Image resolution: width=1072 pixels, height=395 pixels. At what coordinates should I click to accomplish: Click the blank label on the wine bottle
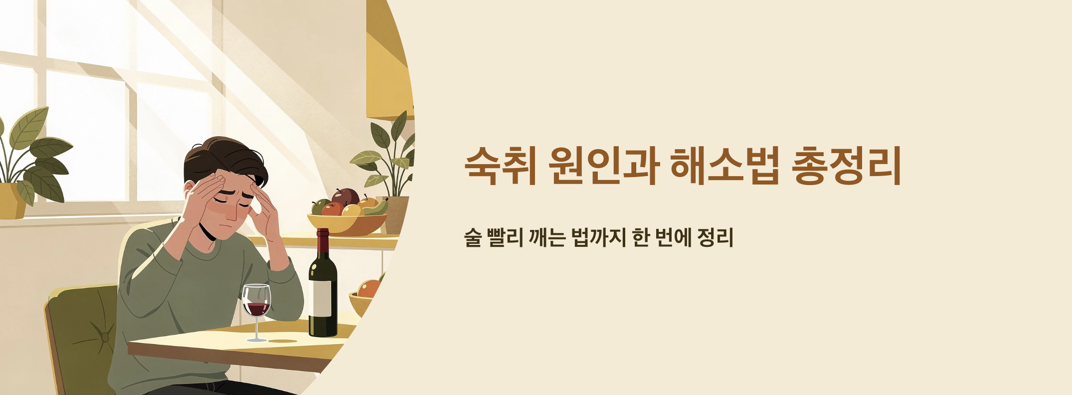pos(322,298)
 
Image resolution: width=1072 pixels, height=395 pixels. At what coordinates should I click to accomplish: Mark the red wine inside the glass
pos(257,309)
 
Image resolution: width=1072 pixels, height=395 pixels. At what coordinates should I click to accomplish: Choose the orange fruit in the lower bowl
pos(369,289)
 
